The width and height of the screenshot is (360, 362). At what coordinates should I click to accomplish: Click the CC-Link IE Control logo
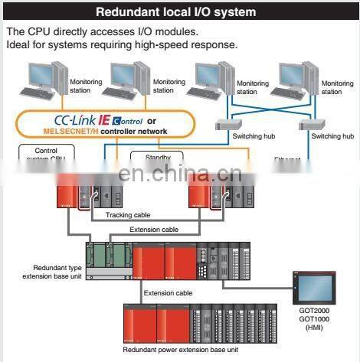click(x=87, y=120)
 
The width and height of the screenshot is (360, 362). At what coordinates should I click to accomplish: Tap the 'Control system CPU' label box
click(x=41, y=155)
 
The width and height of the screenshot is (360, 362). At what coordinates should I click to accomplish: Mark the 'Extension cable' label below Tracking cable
click(x=153, y=230)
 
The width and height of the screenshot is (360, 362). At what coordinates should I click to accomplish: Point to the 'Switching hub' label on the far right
click(x=332, y=136)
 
